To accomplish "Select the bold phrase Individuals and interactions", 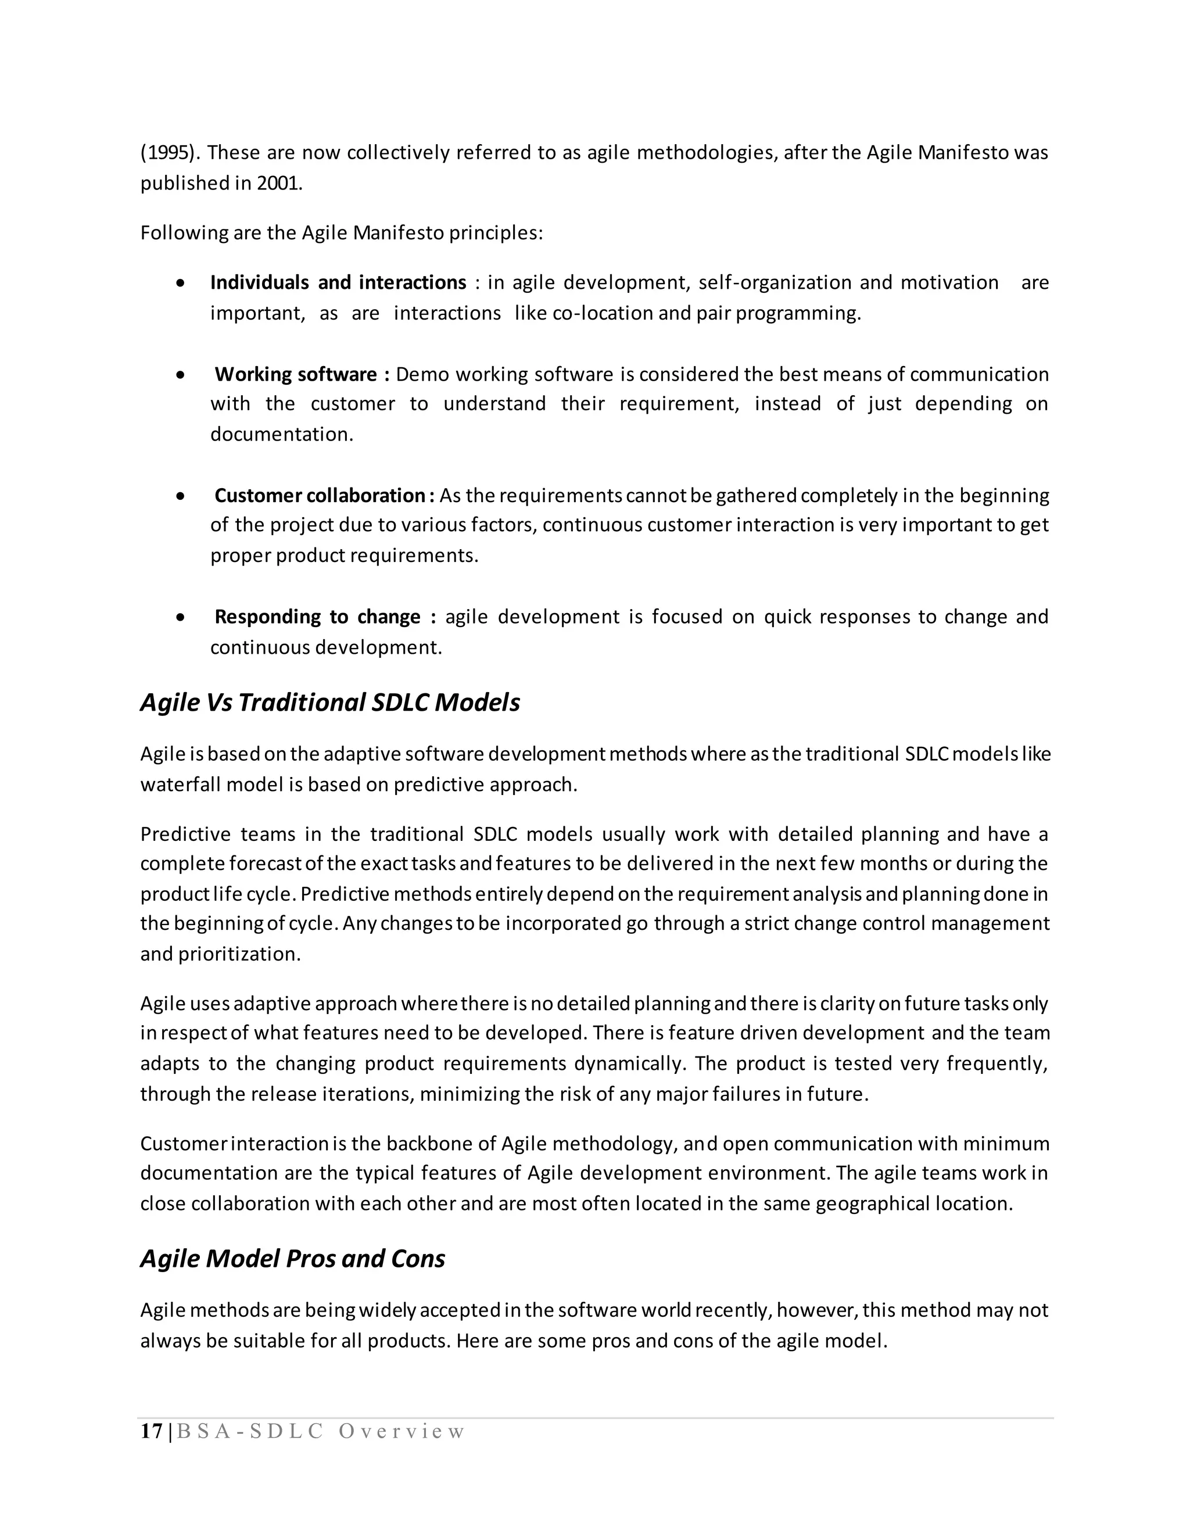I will [x=338, y=283].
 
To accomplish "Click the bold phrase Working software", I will [x=296, y=374].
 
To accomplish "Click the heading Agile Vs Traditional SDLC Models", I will [x=330, y=703].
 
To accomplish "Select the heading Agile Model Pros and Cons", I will [x=293, y=1259].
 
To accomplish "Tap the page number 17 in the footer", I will [x=151, y=1431].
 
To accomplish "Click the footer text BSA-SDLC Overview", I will [x=321, y=1431].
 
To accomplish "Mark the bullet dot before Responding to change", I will [x=182, y=618].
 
